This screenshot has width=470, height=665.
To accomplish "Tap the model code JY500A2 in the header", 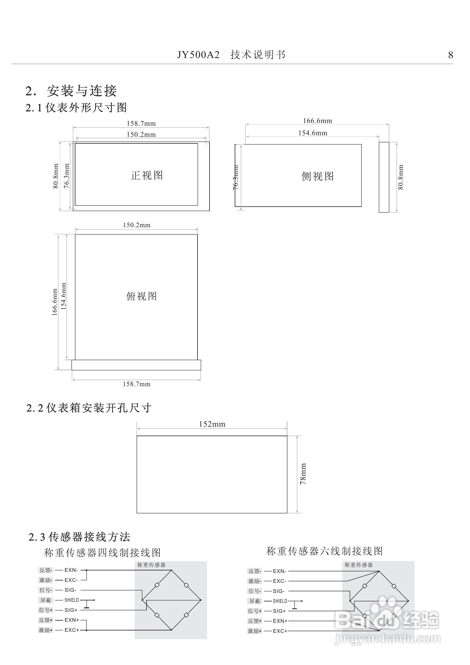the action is click(198, 55).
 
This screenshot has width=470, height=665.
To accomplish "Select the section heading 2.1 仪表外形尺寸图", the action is click(76, 108).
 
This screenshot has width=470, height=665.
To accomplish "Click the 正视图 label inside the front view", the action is click(147, 175).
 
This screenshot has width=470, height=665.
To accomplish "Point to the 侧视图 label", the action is click(317, 176).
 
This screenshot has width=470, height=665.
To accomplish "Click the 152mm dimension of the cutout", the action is click(212, 424).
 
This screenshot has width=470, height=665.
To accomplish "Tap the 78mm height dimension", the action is click(303, 474).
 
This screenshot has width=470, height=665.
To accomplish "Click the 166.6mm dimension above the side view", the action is click(317, 121).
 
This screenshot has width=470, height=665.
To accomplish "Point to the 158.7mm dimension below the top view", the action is click(136, 384).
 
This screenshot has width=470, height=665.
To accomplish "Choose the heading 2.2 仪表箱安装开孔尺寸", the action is click(89, 408).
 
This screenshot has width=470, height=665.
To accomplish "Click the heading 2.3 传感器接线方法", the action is click(79, 537).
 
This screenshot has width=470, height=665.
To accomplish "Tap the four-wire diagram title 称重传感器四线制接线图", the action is click(102, 553).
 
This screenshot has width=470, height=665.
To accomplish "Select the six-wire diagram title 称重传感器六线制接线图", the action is click(324, 551).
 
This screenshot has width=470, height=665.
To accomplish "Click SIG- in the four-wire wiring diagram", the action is click(70, 590).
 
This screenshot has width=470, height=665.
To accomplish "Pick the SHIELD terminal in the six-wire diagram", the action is click(280, 601).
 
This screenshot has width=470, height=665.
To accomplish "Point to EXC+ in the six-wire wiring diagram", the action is click(280, 631).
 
